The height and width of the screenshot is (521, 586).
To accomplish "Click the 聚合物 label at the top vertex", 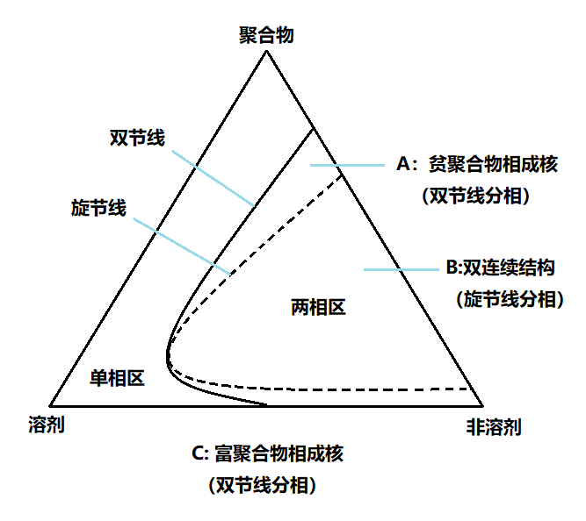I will (266, 35).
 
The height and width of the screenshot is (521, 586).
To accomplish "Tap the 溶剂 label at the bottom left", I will (47, 425).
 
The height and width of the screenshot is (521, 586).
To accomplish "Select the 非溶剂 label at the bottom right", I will (493, 427).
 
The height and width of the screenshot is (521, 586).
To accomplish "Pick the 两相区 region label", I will (317, 307).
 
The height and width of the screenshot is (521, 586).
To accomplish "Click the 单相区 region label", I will (117, 378).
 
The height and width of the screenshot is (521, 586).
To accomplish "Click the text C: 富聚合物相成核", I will (266, 454).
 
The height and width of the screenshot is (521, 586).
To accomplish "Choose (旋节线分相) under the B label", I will (509, 298).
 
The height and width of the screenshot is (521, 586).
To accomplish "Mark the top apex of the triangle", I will (265, 52).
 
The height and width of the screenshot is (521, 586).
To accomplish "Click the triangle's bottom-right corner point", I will (483, 405).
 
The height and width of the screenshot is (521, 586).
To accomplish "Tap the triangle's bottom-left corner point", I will (48, 405).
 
